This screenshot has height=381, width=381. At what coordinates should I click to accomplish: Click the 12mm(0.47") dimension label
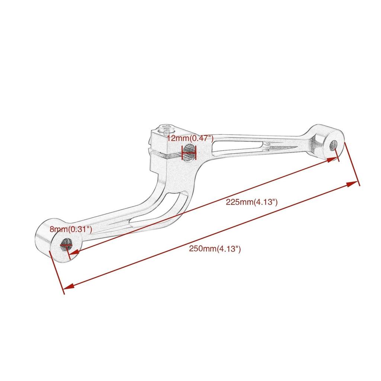click(190, 138)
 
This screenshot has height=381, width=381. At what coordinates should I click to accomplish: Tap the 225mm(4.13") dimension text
click(252, 202)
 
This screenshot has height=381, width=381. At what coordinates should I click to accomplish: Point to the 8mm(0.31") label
click(71, 229)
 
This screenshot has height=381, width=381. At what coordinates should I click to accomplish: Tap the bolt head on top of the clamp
click(166, 129)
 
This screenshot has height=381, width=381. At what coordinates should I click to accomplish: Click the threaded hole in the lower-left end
click(65, 245)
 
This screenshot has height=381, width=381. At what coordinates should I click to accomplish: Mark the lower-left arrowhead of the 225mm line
click(73, 253)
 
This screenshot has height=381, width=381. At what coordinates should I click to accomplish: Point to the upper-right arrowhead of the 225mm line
click(334, 159)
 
